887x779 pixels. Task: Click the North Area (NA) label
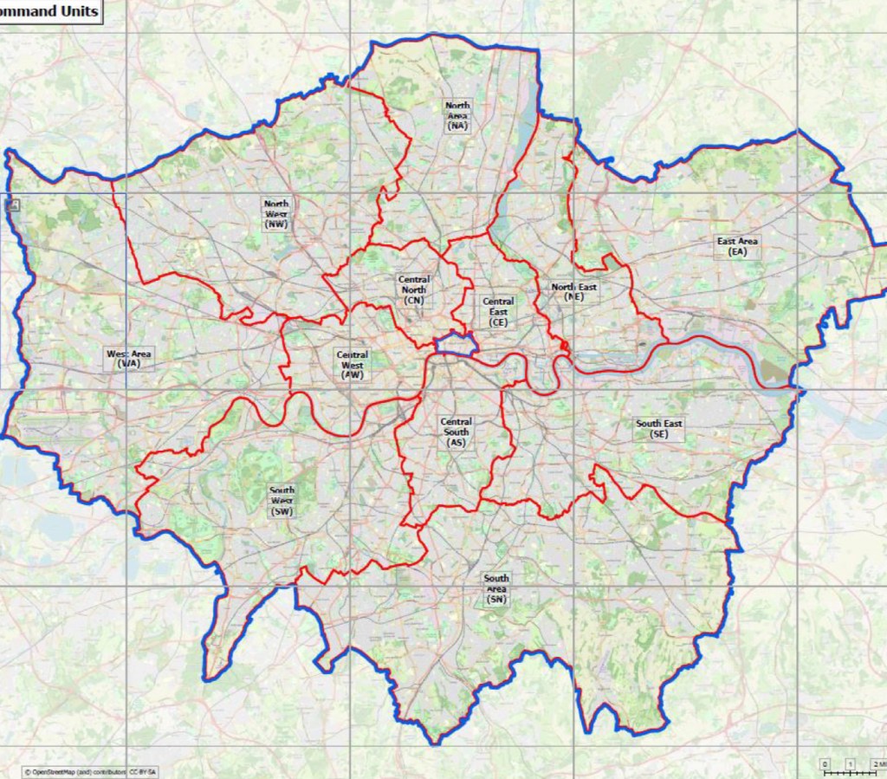coord(457,115)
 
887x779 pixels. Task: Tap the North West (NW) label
coord(277,213)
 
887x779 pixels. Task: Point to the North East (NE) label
coord(573,291)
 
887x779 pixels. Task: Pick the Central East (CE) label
coord(498,312)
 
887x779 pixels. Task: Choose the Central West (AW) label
coord(352,365)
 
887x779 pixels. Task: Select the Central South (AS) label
coord(456,432)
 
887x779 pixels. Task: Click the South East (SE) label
coord(658,429)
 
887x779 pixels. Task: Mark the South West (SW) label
coord(282,501)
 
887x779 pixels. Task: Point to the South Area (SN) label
coord(496,588)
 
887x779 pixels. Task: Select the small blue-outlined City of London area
coord(456,344)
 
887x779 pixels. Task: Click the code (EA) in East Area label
coord(737,252)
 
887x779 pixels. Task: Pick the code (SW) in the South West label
coord(282,511)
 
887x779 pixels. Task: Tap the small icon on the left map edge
coord(14,205)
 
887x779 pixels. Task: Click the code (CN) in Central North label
coord(413,300)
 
